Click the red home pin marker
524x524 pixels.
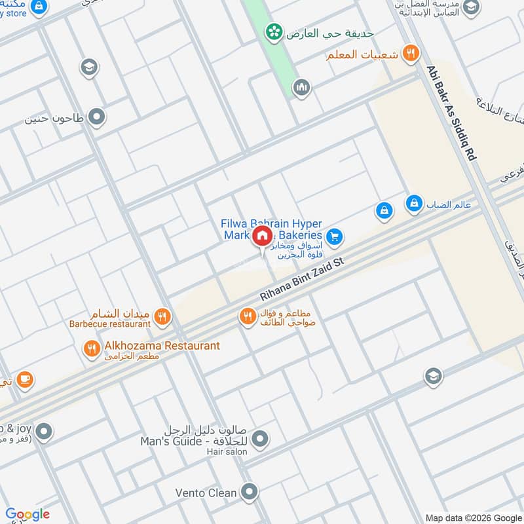click(262, 236)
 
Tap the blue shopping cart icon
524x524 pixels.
click(335, 236)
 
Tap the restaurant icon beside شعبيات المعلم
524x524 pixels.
click(411, 54)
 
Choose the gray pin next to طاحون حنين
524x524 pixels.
click(97, 118)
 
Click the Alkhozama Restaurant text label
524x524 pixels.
click(162, 345)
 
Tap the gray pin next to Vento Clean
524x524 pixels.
click(249, 491)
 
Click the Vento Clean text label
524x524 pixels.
click(206, 492)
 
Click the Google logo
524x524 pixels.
click(28, 514)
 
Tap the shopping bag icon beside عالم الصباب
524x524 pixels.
click(414, 204)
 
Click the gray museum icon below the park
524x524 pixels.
click(301, 86)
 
